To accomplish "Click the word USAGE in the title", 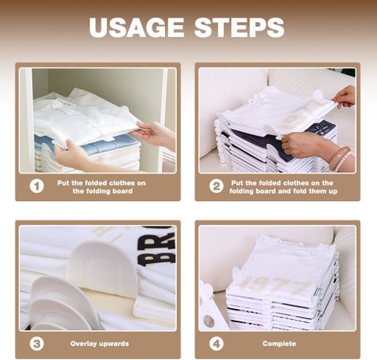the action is pos(137,28).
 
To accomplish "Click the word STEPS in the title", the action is pos(240,28).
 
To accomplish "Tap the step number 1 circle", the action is pos(37,186).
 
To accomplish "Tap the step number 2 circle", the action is pos(216,186).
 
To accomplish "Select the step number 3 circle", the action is pos(37,343).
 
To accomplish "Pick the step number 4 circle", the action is pos(216,343).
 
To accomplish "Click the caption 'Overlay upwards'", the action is pos(100,343).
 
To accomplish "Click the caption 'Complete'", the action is pos(280,343).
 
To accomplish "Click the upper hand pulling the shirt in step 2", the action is pos(344,97).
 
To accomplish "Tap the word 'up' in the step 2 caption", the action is pos(333,192).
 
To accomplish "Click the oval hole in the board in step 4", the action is pos(208,321).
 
